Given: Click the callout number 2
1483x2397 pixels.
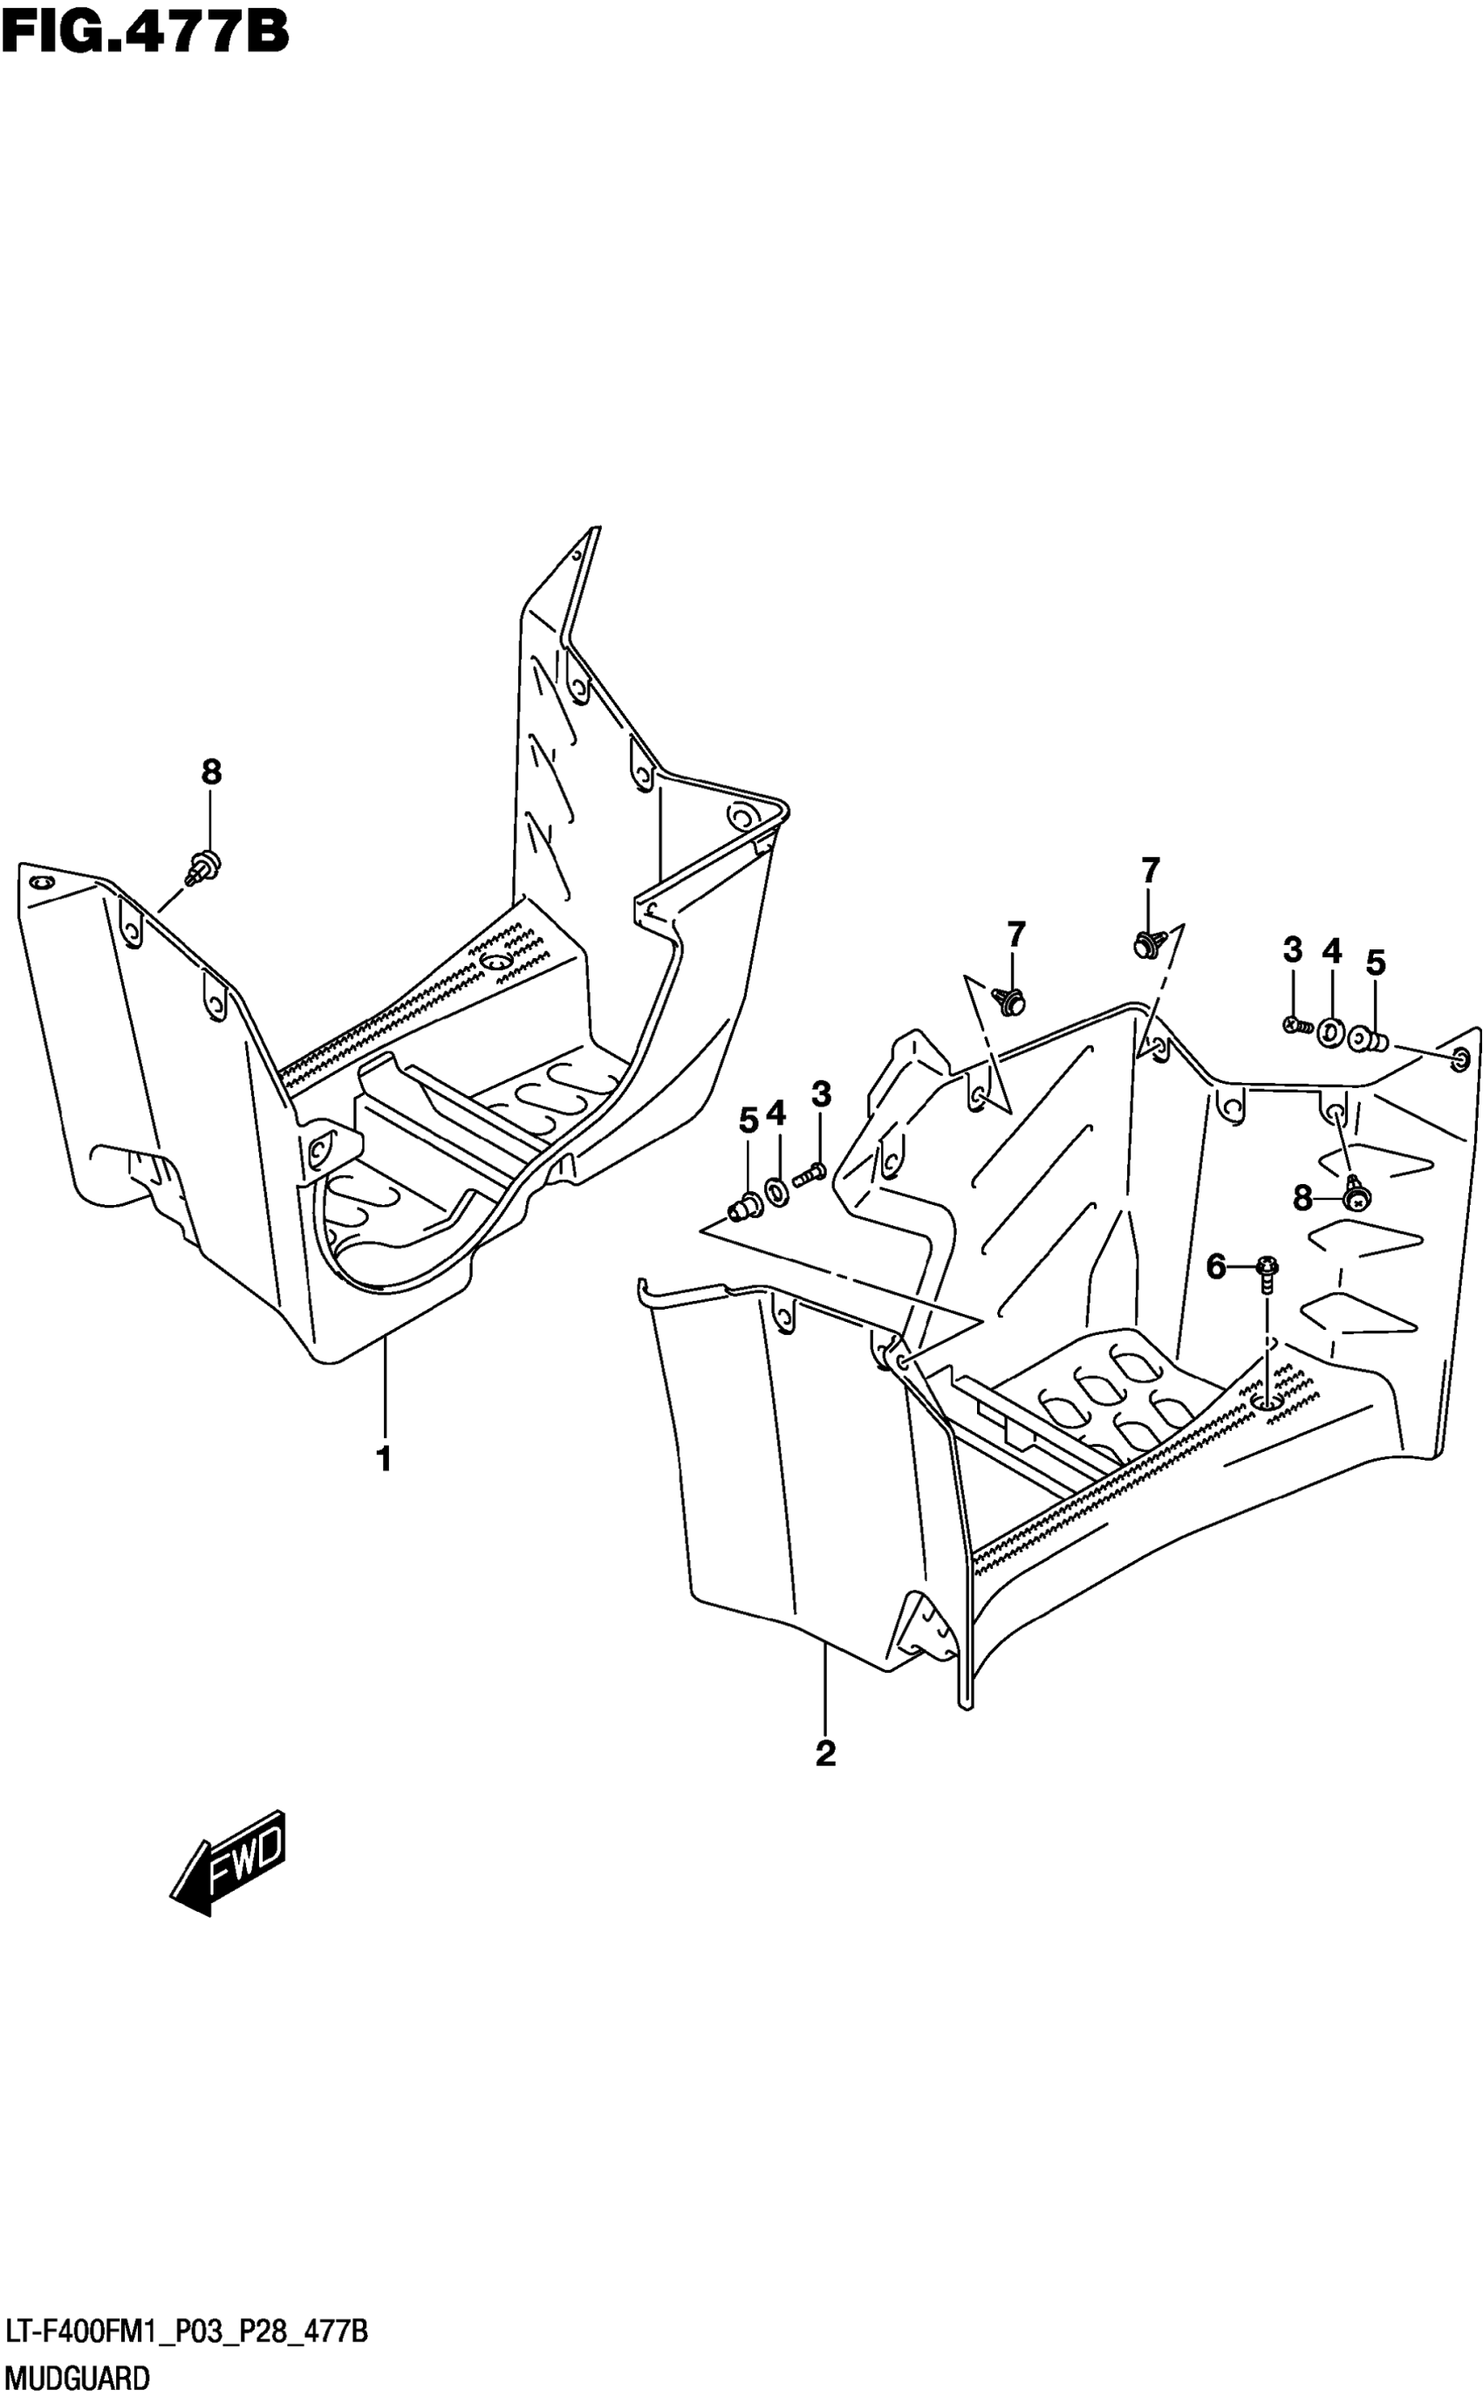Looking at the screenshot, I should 826,1753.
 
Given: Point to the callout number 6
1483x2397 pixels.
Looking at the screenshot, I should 1216,1268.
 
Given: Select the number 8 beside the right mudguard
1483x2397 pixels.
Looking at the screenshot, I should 1302,1197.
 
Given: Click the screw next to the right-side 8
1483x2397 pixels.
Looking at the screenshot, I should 1357,1195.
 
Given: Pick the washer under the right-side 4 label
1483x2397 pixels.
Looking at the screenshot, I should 1331,1031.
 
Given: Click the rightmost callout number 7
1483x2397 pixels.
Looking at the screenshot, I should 1151,870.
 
